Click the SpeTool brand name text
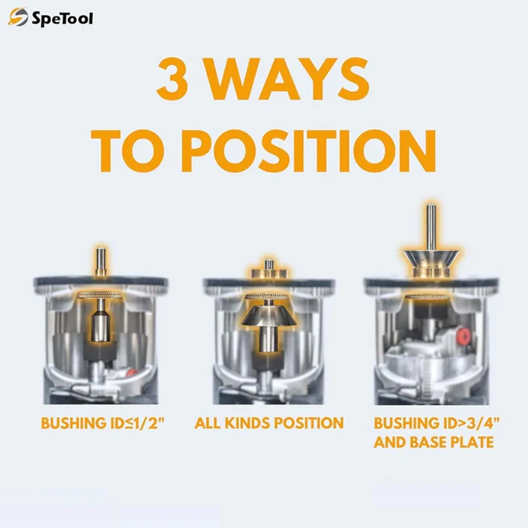pyautogui.click(x=62, y=18)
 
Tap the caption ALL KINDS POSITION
pyautogui.click(x=269, y=423)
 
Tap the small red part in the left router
pyautogui.click(x=134, y=371)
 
